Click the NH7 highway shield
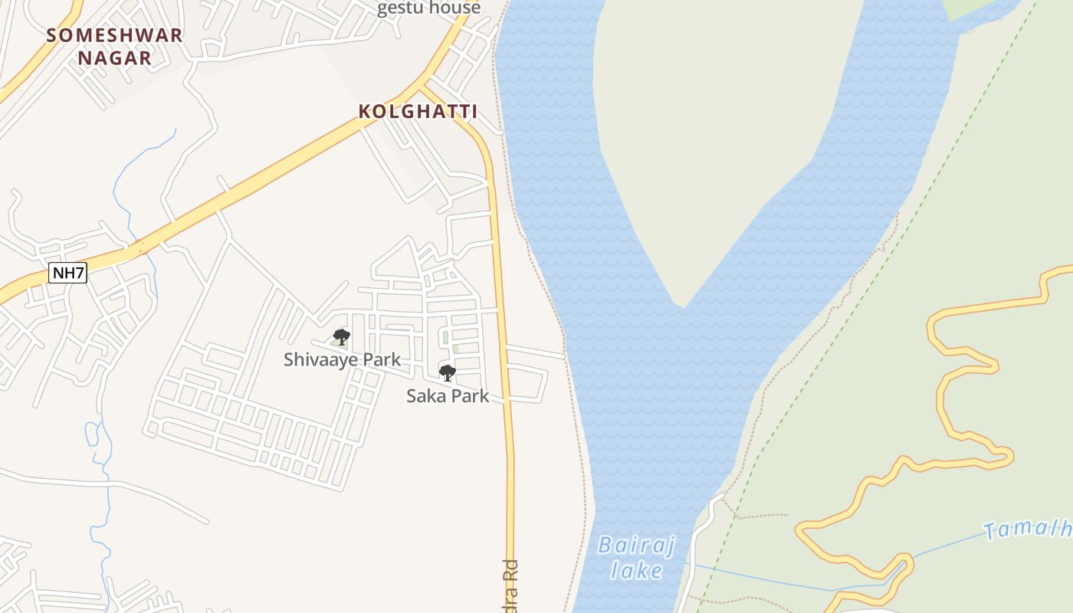tap(68, 273)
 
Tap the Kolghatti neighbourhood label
tap(418, 112)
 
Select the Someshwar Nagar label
tap(114, 46)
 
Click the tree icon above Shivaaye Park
tap(342, 336)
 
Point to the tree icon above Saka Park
tap(448, 373)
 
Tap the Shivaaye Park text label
tap(342, 359)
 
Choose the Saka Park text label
tap(448, 396)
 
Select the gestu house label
tap(429, 8)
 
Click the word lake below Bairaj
tap(637, 570)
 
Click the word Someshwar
tap(114, 35)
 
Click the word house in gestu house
tap(455, 8)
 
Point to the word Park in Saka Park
tap(470, 396)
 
